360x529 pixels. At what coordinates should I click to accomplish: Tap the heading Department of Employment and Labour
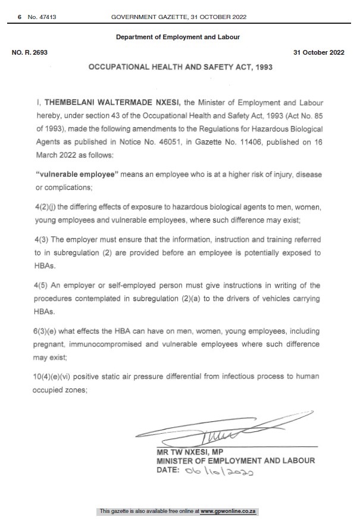pos(178,37)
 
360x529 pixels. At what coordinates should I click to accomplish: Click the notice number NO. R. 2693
pos(30,52)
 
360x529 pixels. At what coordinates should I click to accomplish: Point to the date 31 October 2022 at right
pos(319,52)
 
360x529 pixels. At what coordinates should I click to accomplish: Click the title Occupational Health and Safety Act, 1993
pos(180,67)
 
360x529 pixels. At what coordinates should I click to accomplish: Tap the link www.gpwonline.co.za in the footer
pos(228,511)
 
